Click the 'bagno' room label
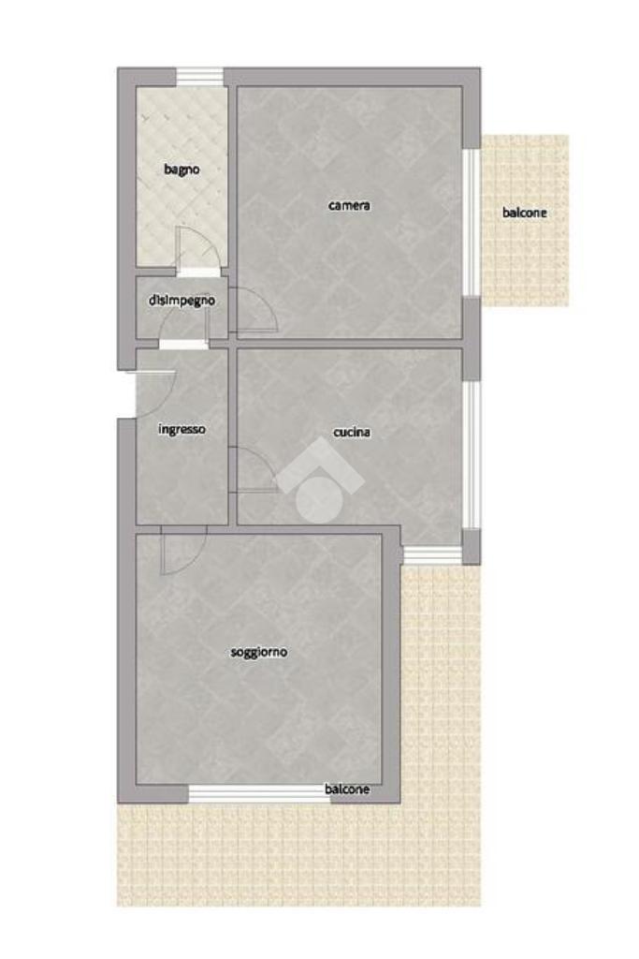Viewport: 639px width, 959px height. click(182, 170)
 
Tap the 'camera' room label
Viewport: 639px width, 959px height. click(349, 205)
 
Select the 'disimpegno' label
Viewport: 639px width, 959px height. click(182, 301)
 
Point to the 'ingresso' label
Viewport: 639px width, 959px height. click(182, 429)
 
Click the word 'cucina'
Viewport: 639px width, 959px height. click(352, 432)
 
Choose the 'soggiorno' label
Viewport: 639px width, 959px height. click(259, 652)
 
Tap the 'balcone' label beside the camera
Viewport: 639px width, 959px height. click(524, 213)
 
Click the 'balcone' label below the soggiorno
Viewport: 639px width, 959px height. click(347, 789)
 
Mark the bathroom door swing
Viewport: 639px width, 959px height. click(197, 248)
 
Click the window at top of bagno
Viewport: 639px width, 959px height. click(200, 77)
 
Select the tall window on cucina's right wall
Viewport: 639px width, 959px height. click(471, 454)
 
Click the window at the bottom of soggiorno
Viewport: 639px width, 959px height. click(260, 794)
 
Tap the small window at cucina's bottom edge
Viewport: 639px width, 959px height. click(432, 554)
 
